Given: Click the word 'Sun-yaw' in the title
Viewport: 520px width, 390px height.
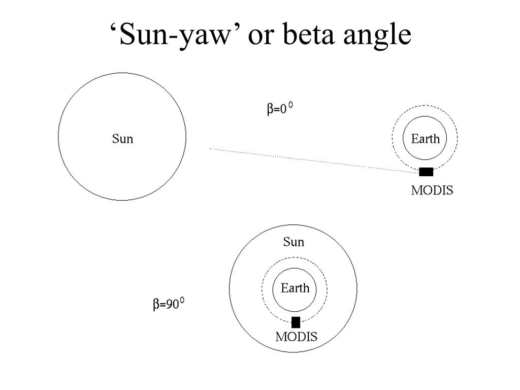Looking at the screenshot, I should [x=175, y=36].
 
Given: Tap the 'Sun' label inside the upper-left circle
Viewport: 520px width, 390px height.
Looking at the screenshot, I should [x=122, y=138].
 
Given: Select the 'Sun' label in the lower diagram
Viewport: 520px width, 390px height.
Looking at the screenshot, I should [x=294, y=242].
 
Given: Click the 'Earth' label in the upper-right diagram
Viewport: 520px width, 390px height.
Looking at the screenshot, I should [x=425, y=139].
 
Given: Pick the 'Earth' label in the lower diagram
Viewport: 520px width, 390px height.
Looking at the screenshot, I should [x=295, y=288].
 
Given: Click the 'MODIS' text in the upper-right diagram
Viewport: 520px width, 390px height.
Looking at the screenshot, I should [x=432, y=191].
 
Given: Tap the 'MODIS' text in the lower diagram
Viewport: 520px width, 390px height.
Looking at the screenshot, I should [x=297, y=336].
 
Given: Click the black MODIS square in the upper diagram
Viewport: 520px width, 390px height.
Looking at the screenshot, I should [x=426, y=172].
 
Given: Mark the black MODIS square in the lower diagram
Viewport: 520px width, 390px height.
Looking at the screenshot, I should [x=296, y=322].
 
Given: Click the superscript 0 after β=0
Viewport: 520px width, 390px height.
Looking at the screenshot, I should [x=291, y=105].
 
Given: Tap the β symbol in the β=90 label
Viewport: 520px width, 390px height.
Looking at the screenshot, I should [x=156, y=305].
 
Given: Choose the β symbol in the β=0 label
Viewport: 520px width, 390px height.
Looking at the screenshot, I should [x=270, y=110].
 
